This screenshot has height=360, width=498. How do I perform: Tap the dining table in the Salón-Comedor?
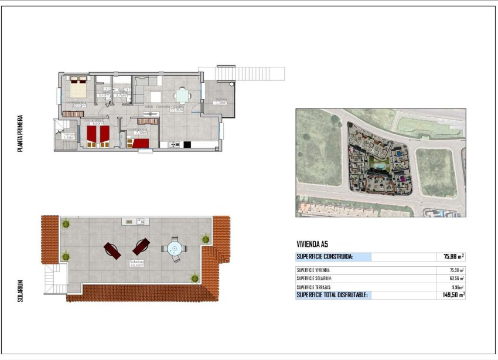tap(183, 95)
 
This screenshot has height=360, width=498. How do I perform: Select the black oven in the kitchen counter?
tap(187, 144)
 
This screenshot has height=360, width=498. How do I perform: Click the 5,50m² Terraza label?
tap(220, 101)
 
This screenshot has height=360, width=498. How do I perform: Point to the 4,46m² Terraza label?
tap(69, 136)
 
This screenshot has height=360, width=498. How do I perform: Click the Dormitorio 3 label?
tap(137, 130)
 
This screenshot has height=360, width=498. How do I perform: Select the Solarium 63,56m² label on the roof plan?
tap(137, 263)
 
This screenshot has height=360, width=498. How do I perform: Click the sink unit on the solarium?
tap(134, 222)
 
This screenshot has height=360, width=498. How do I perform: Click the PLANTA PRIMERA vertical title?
tap(20, 134)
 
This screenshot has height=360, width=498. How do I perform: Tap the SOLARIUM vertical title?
tap(20, 291)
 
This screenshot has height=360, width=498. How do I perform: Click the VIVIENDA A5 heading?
tap(316, 244)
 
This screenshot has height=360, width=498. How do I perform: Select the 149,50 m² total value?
tap(453, 295)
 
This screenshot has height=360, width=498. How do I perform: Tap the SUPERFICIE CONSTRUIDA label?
tap(325, 256)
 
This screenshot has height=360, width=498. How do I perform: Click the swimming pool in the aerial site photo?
tap(380, 167)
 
